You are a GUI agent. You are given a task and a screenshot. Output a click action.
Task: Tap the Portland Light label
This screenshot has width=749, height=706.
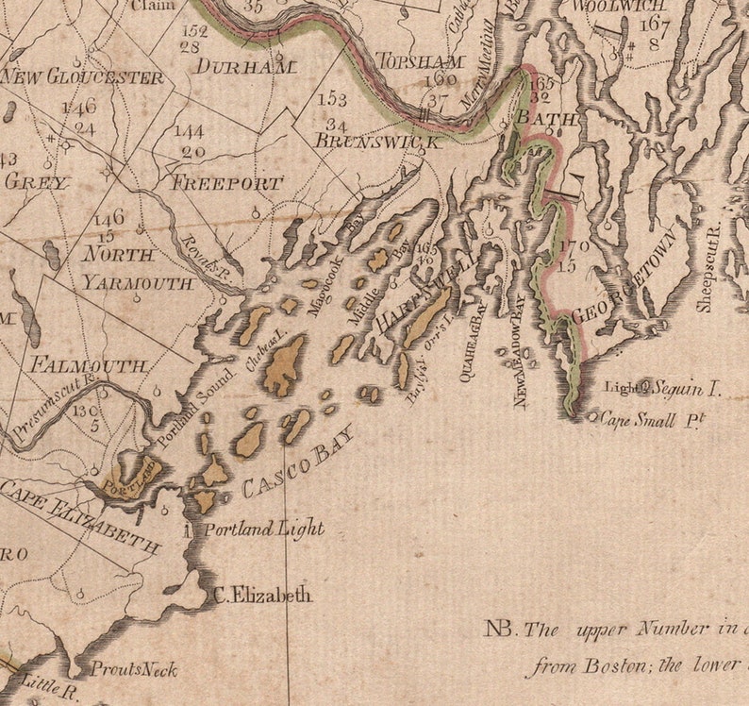pos(264,529)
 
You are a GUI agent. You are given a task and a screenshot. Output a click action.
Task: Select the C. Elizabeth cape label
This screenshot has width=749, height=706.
pos(262,596)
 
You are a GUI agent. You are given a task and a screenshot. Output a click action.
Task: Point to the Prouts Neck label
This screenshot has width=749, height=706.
pos(133,670)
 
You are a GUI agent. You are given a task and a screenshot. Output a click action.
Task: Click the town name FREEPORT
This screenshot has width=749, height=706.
pos(226,183)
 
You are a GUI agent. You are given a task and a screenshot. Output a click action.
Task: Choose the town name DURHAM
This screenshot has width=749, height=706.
pos(244,67)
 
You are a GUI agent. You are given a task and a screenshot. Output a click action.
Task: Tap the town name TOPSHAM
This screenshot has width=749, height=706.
pos(422,61)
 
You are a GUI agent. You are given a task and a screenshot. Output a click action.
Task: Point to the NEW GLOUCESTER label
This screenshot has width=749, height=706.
pos(83,77)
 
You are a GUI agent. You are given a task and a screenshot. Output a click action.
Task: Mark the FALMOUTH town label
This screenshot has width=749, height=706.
pos(89,364)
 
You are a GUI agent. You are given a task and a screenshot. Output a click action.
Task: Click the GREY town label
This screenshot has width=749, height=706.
pos(38,182)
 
